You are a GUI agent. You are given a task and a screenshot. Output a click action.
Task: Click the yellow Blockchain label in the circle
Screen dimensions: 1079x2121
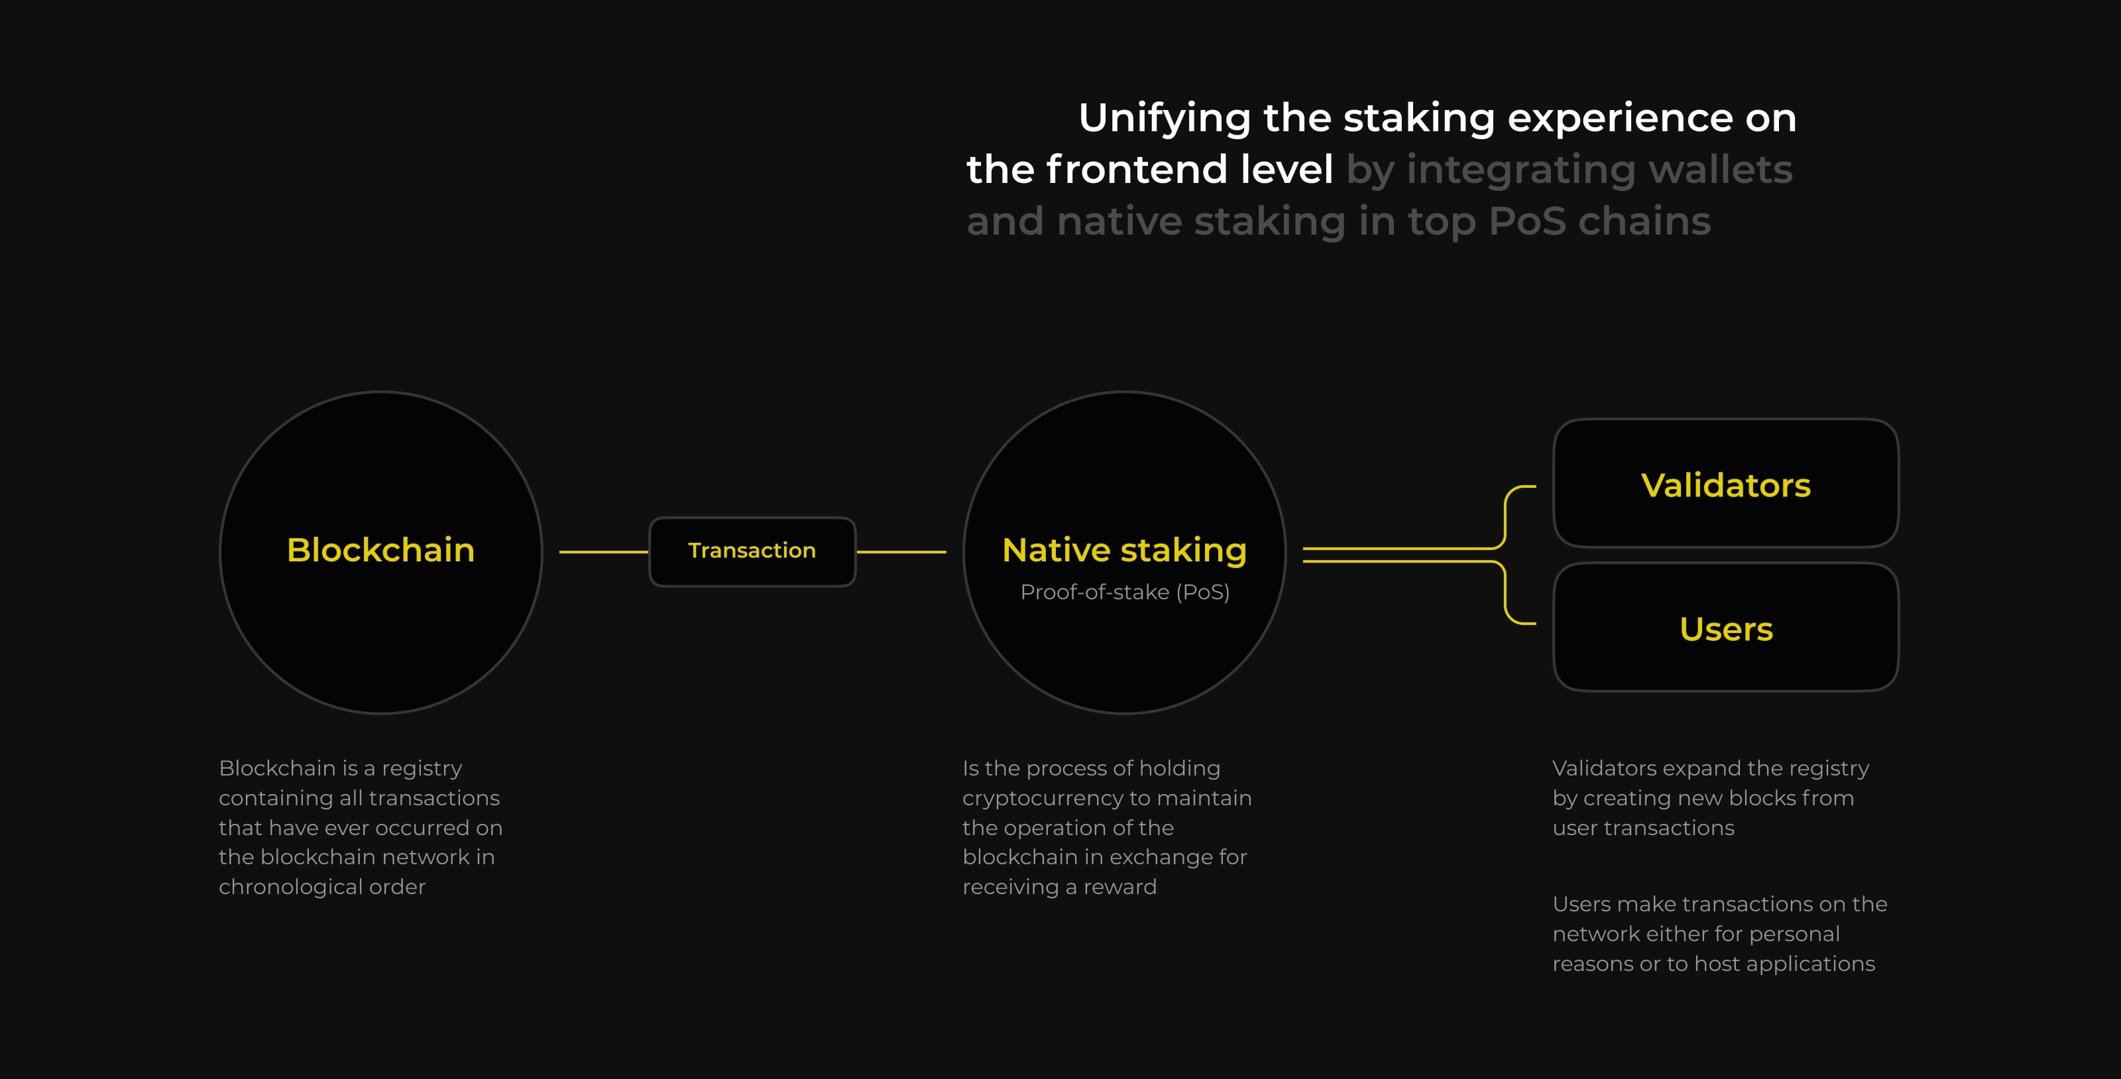click(x=380, y=550)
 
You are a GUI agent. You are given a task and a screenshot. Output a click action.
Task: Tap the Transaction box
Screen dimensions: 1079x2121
click(x=752, y=551)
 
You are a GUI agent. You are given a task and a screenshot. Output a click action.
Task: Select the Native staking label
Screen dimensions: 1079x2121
click(x=1124, y=550)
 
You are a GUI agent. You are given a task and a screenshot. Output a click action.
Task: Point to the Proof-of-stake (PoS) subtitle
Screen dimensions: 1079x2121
click(x=1125, y=592)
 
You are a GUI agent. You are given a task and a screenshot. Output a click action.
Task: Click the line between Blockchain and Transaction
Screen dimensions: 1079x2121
click(x=604, y=551)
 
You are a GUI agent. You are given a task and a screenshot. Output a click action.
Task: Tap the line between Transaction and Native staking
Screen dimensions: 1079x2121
click(x=901, y=551)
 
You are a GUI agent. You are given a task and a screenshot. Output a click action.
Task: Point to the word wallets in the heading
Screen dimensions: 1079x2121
click(x=1720, y=170)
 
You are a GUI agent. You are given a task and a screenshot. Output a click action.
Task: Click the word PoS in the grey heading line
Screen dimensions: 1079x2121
click(x=1526, y=221)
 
